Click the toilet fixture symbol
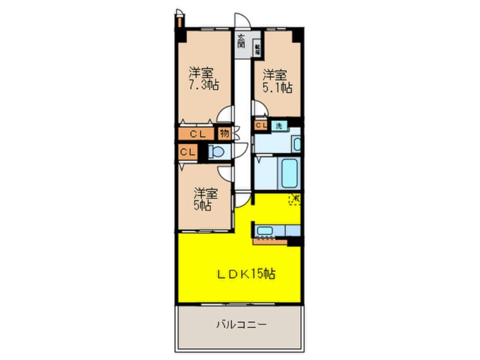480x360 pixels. click(215, 152)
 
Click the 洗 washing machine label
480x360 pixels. click(279, 125)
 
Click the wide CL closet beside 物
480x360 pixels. click(197, 135)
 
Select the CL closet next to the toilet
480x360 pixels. click(187, 152)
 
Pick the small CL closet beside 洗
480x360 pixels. click(261, 125)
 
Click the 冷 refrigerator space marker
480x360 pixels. click(295, 199)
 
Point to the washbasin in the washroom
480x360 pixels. click(296, 143)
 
